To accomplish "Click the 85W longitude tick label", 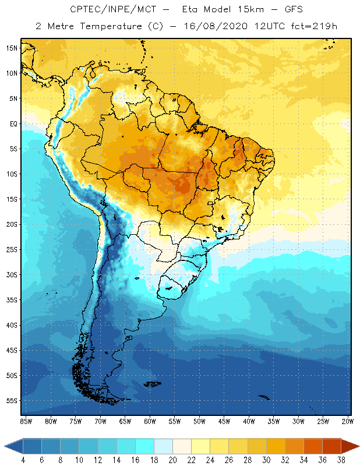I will (x=26, y=421).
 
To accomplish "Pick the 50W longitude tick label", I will (x=200, y=421).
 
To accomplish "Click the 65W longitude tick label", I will (x=125, y=421).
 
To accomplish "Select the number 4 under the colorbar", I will (x=23, y=460).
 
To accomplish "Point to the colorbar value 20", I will (x=172, y=460).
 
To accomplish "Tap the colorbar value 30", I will (x=266, y=460).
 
